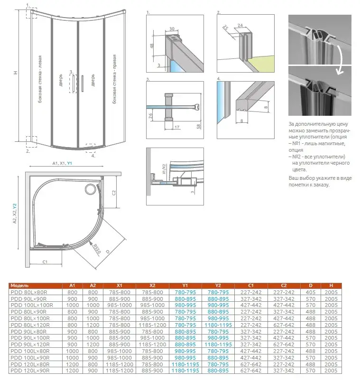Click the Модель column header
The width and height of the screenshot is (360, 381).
[20, 286]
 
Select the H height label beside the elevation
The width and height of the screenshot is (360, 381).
[15, 73]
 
